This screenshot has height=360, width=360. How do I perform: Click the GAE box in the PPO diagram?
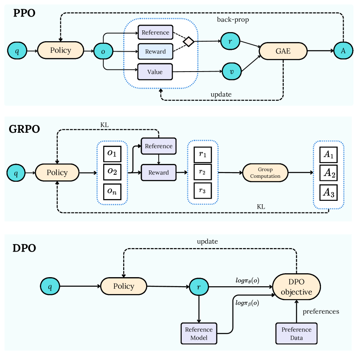click(283, 51)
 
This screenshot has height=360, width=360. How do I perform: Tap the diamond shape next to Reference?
click(188, 42)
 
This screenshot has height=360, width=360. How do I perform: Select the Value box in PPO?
click(155, 71)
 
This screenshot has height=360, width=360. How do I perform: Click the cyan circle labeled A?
click(343, 51)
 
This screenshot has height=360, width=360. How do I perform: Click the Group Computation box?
click(265, 173)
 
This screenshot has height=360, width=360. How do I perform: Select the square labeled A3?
click(328, 193)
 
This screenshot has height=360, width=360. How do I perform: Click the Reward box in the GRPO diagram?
click(158, 172)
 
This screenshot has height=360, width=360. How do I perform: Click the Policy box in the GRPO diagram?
click(57, 173)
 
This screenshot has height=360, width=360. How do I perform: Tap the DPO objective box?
click(296, 286)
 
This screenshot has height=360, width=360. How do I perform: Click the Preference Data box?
click(296, 333)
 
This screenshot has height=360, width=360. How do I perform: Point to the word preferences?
click(321, 311)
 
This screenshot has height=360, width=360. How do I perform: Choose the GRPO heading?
click(25, 129)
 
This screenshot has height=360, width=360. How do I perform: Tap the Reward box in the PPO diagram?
click(155, 51)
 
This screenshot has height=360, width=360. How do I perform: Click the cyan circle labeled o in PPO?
click(103, 51)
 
